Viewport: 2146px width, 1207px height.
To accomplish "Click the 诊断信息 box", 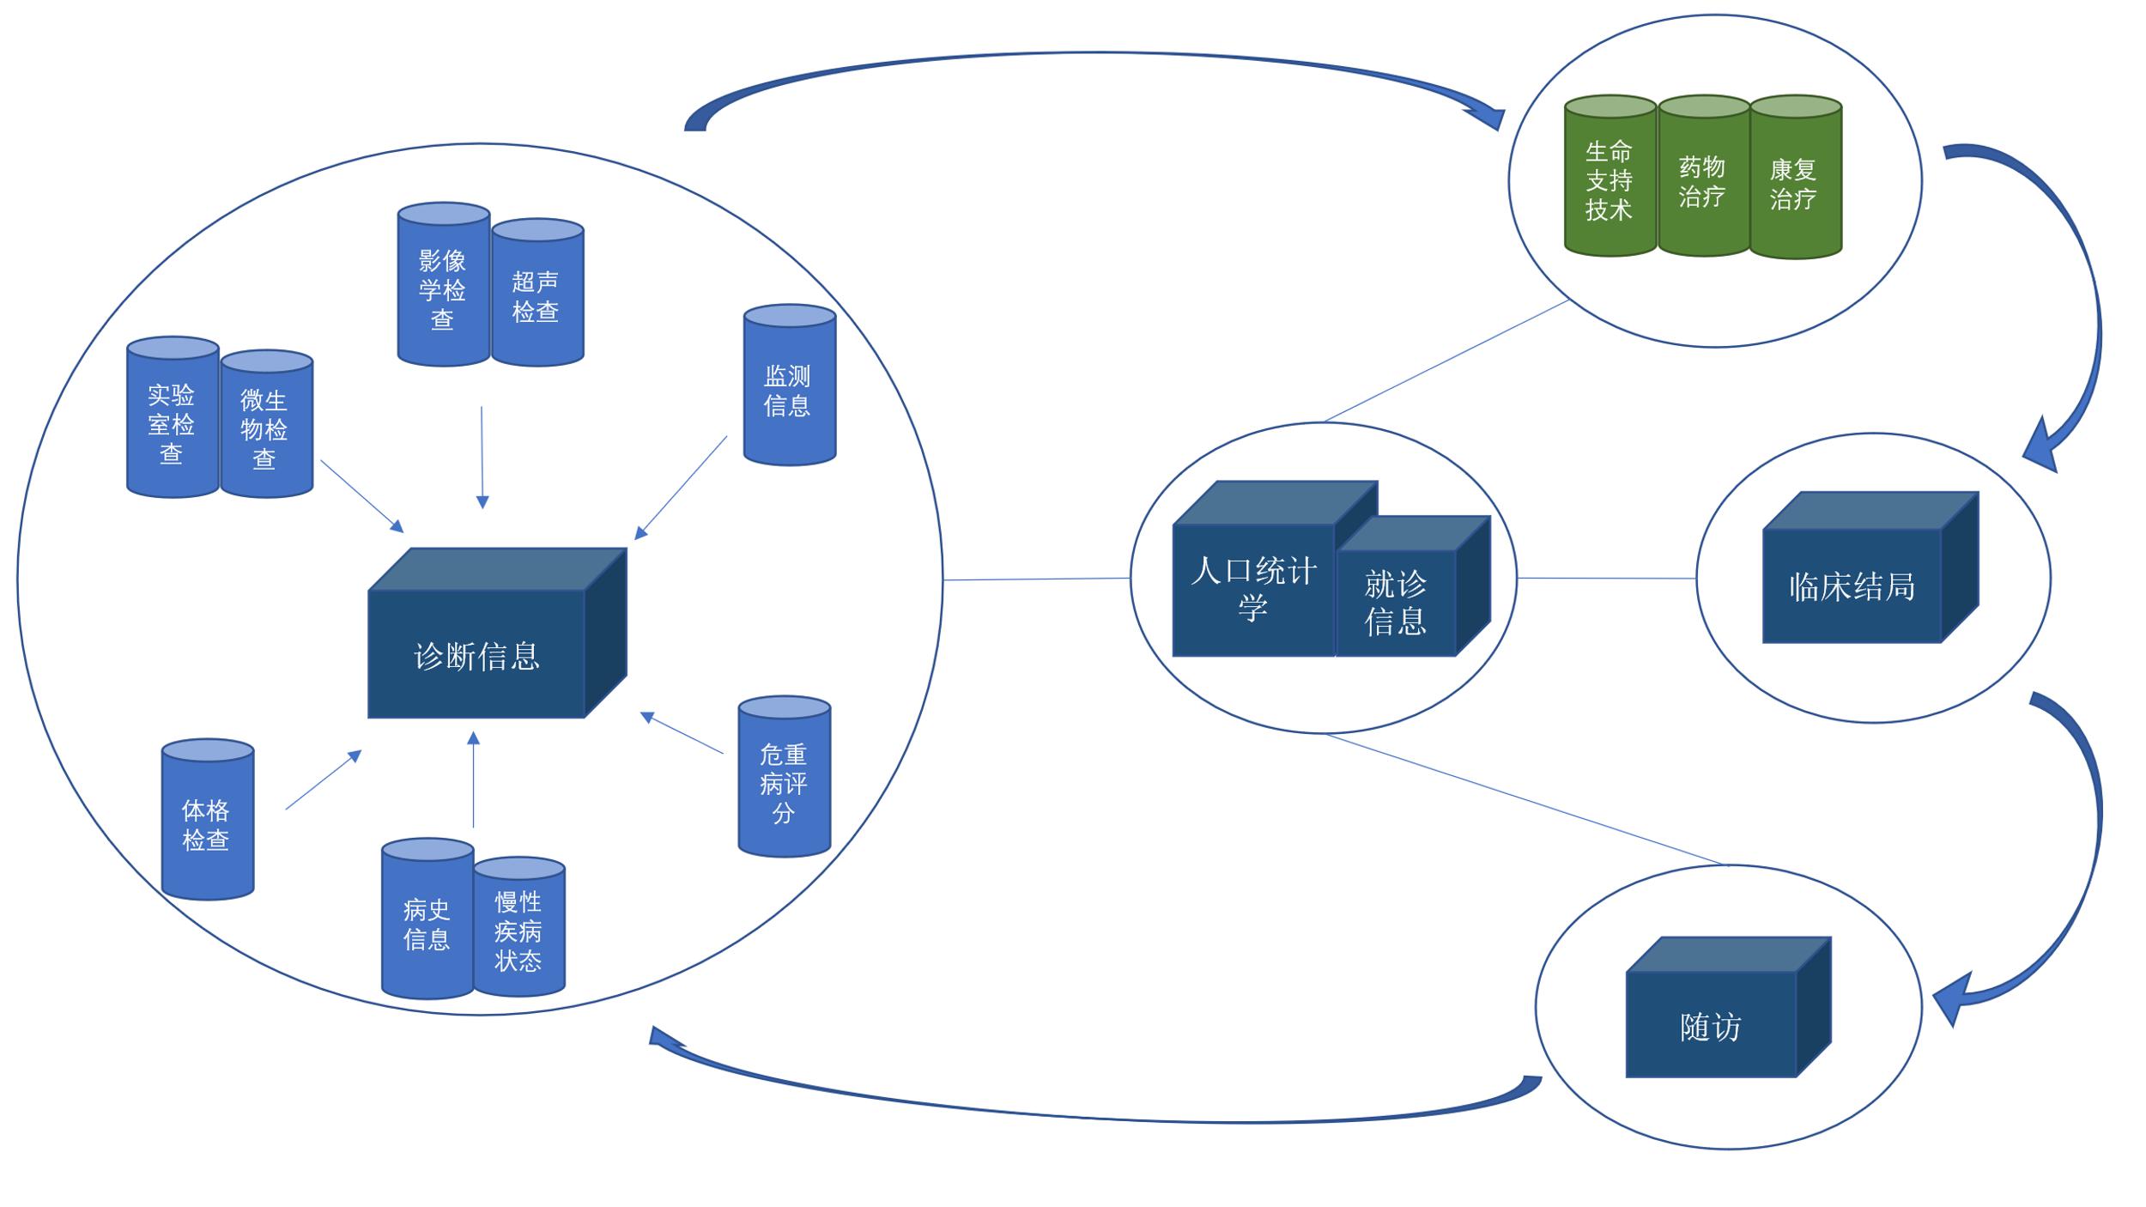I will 477,654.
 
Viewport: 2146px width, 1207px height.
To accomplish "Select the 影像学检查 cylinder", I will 443,288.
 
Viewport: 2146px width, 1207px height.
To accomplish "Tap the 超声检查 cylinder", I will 536,296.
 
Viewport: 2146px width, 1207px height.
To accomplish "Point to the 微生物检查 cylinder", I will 265,428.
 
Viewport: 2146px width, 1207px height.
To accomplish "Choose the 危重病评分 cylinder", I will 784,781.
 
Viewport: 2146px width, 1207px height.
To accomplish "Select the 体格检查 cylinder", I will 207,824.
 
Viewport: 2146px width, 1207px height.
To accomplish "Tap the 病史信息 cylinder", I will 427,923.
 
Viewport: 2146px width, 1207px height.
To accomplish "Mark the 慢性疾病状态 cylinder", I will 518,931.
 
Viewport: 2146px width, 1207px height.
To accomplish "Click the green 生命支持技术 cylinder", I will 1609,180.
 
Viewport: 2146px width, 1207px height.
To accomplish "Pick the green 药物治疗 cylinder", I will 1702,181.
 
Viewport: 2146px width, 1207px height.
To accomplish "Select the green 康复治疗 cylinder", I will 1795,183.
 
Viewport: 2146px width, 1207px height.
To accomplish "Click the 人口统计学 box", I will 1252,589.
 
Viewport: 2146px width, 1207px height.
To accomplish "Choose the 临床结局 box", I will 1852,585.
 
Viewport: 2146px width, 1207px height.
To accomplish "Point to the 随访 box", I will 1710,1025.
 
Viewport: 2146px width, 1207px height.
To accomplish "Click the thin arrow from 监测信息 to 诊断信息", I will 681,488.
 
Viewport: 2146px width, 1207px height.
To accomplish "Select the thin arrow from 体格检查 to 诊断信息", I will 323,780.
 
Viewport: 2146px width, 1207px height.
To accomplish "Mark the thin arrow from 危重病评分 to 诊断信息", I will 682,733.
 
